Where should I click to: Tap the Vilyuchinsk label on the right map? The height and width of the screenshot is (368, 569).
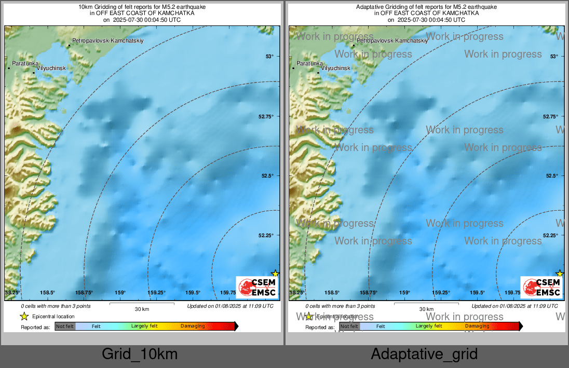click(x=335, y=68)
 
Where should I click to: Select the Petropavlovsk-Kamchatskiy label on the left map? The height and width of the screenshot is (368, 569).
click(x=107, y=40)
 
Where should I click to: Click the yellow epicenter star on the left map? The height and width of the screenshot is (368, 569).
click(x=275, y=274)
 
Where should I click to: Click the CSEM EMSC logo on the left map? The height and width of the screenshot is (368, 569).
click(x=257, y=287)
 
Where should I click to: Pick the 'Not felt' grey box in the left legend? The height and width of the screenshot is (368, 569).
click(x=65, y=326)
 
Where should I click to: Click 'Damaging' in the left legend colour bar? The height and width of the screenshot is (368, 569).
click(x=193, y=326)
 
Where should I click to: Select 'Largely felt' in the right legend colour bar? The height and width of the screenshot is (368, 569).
click(x=429, y=326)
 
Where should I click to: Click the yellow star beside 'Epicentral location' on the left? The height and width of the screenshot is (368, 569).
click(x=24, y=316)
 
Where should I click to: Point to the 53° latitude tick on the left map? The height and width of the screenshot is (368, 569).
click(x=269, y=57)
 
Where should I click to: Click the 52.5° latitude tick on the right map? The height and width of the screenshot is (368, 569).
click(x=551, y=176)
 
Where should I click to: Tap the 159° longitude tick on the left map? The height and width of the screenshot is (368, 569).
click(x=120, y=293)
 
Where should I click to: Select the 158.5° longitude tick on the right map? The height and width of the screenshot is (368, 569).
click(x=332, y=293)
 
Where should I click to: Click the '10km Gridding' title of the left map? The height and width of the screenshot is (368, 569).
click(x=142, y=7)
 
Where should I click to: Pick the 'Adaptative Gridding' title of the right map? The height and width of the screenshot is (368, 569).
click(x=426, y=7)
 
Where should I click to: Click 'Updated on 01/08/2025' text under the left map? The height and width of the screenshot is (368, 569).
click(x=230, y=306)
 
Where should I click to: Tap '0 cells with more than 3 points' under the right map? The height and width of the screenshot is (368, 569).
click(x=340, y=306)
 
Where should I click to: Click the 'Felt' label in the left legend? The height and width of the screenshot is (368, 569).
click(x=96, y=326)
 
